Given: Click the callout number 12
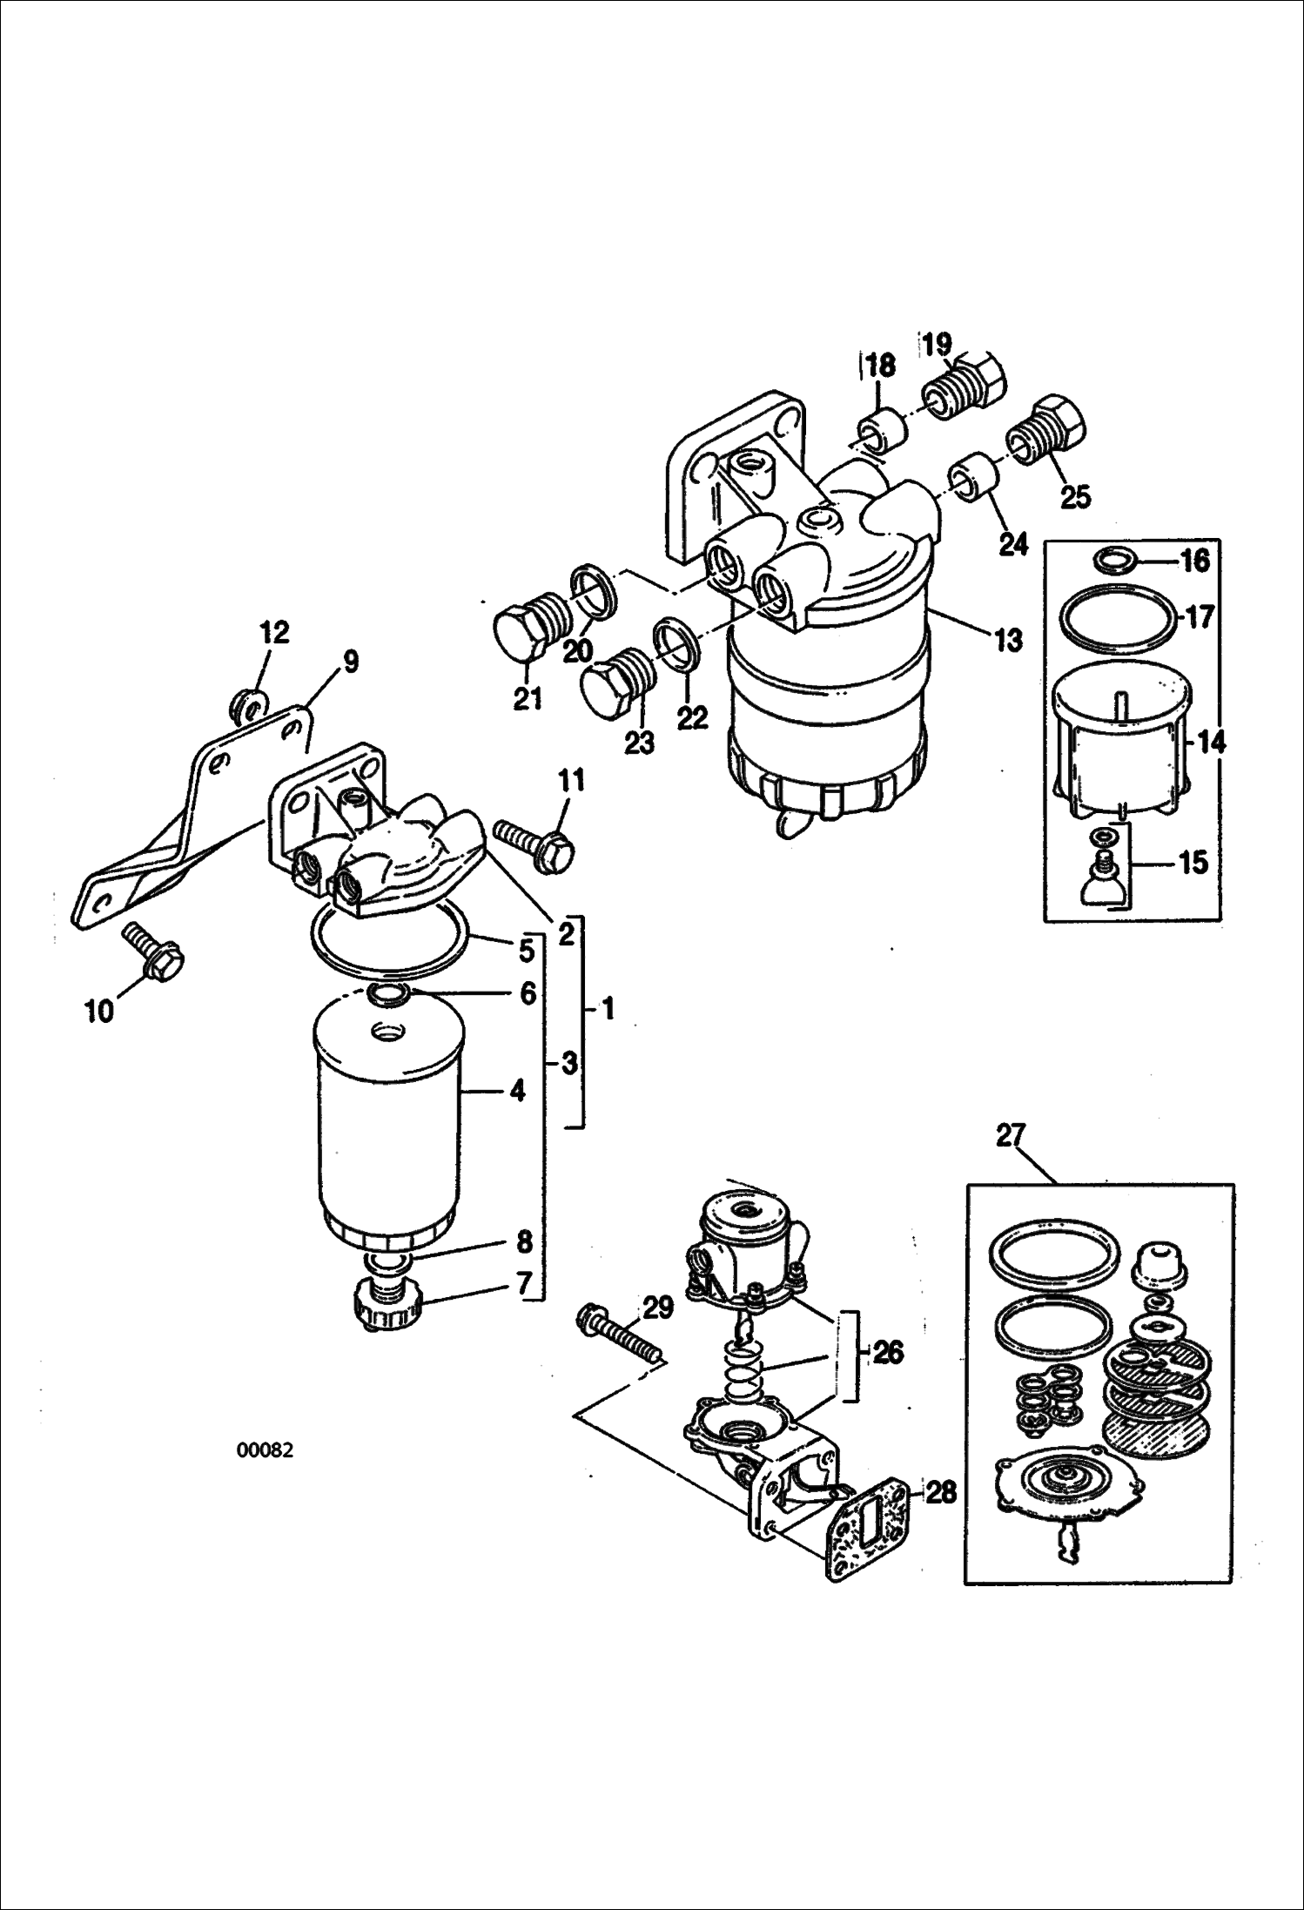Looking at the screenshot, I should coord(274,633).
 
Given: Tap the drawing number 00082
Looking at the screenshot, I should coord(265,1450).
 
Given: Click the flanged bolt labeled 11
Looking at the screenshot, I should coord(534,842).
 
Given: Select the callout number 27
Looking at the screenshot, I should coord(1012,1136).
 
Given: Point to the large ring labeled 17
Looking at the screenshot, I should coord(1117,619).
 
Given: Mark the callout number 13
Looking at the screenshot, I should coord(1008,642).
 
